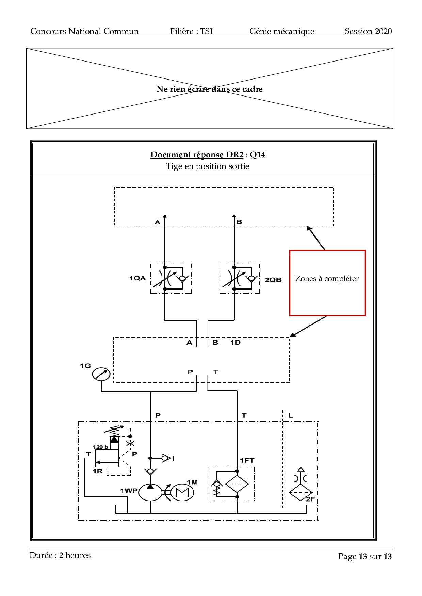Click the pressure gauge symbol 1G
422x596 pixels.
tap(101, 374)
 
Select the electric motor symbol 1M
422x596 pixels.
tap(182, 492)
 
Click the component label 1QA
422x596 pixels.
tap(137, 278)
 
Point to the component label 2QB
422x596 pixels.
tap(273, 280)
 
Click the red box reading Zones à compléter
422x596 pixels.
tap(327, 283)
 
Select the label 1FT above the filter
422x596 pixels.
tap(247, 461)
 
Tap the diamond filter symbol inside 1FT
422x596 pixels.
tap(237, 484)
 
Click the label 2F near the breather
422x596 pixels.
tap(310, 499)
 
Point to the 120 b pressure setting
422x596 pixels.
tap(100, 447)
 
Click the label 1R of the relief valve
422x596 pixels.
tap(98, 471)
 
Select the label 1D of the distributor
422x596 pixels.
tap(235, 343)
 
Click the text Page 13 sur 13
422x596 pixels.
tap(364, 556)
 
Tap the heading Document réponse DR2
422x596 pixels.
tap(197, 155)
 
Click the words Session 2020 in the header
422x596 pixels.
tap(368, 31)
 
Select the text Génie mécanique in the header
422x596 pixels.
tap(282, 31)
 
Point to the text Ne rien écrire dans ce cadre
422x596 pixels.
tap(209, 89)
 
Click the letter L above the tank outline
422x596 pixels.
tap(290, 415)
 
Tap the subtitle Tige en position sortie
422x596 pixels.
tap(208, 166)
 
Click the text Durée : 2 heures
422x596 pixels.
tap(60, 555)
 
